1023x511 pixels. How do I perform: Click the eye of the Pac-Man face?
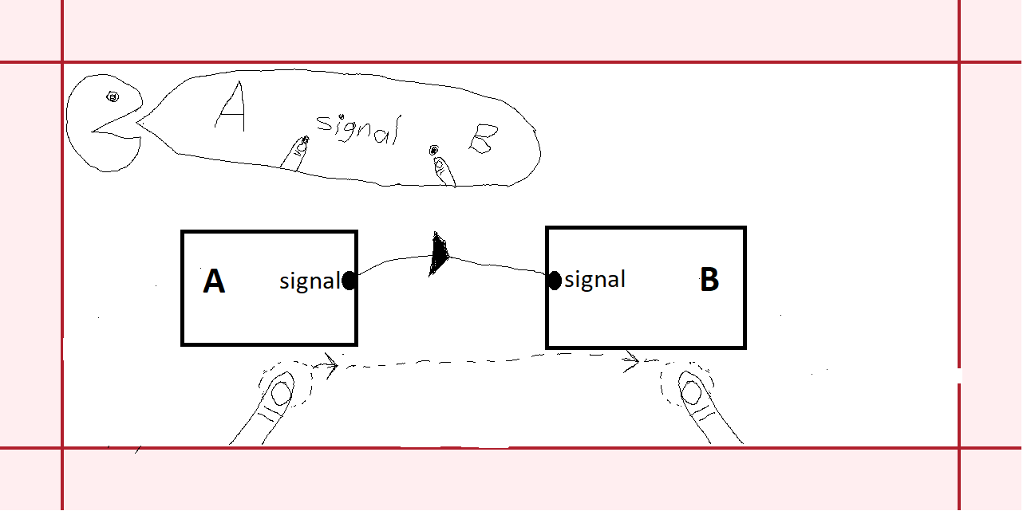pos(113,97)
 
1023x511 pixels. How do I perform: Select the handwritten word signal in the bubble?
pos(356,128)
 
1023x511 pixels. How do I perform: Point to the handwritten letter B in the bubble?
pos(482,143)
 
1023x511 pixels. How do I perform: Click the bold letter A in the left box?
pos(214,281)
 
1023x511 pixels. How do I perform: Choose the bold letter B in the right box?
pos(709,281)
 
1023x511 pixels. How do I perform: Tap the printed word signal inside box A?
pos(310,281)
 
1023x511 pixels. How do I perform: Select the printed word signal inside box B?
pos(594,280)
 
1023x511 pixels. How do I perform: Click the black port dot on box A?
pos(349,281)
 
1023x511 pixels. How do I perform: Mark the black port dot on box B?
pos(554,281)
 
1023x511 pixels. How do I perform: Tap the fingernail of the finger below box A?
pos(280,393)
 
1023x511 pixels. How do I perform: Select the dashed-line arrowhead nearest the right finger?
pos(633,364)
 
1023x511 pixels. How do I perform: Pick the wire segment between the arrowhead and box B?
pos(499,265)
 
